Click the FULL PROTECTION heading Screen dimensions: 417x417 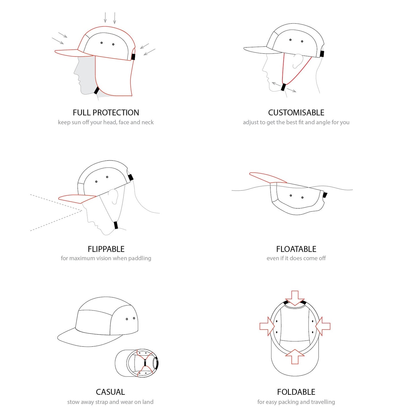(106, 113)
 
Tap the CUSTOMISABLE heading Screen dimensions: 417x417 (296, 113)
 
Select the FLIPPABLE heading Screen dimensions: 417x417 (106, 249)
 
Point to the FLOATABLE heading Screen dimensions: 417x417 (296, 249)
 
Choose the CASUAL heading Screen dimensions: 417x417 (110, 392)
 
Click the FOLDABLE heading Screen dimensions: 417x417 (296, 392)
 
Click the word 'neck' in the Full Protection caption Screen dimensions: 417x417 (147, 122)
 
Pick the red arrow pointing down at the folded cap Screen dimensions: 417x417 (295, 298)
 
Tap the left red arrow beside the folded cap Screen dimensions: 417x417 (267, 326)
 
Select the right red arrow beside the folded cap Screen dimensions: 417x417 (323, 326)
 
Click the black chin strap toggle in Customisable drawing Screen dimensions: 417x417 (283, 87)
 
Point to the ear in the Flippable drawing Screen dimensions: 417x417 (114, 197)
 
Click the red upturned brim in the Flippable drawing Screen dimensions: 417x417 (77, 199)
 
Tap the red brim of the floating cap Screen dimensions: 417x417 (268, 178)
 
